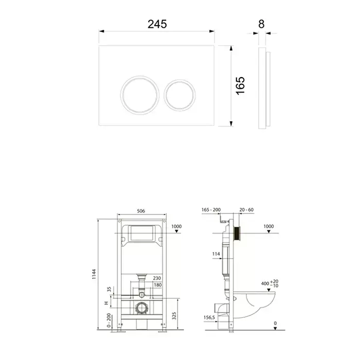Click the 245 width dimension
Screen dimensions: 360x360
tap(157, 24)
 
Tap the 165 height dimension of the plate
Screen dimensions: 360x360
tap(240, 86)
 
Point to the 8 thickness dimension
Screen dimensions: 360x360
tap(261, 24)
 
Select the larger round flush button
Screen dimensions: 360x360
tap(140, 95)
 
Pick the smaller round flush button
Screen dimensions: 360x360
tap(180, 95)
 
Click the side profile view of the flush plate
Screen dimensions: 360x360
tap(264, 88)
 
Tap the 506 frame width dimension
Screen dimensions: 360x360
tap(141, 211)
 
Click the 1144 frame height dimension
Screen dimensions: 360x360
tap(94, 274)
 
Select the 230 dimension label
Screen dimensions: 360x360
tap(157, 278)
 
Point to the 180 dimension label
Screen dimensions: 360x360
tap(158, 285)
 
